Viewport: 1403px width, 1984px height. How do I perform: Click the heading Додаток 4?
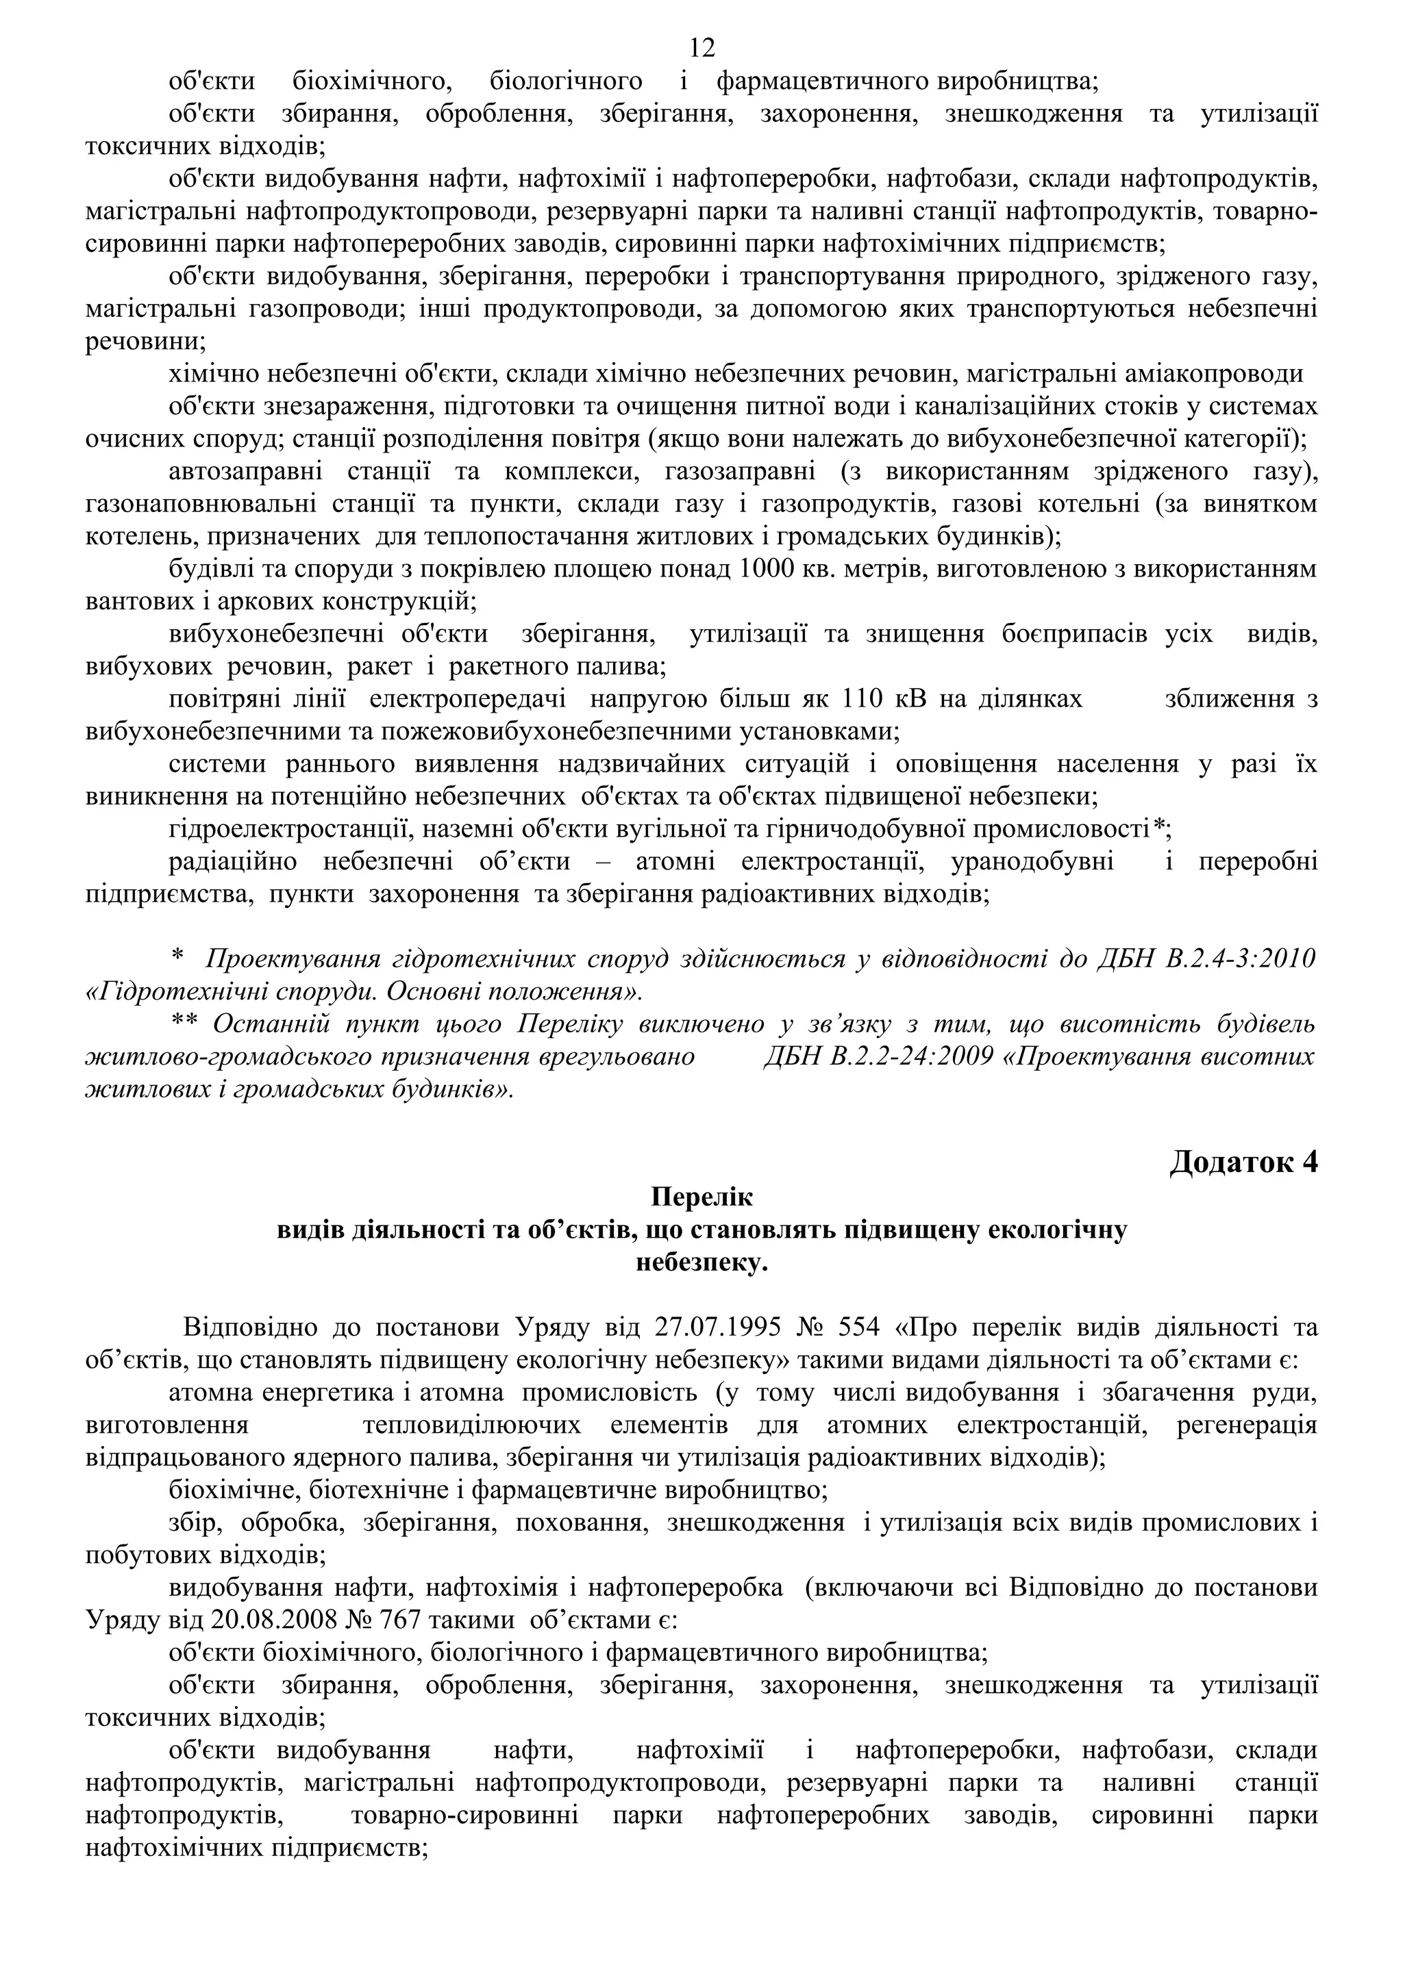point(1243,1163)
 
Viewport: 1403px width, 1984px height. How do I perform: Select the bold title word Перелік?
point(702,1197)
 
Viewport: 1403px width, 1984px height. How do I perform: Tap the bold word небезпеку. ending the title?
point(702,1263)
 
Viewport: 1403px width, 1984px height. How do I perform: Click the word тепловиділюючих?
point(472,1426)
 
